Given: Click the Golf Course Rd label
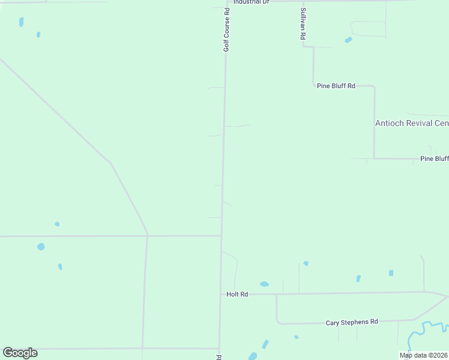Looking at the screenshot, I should (226, 29).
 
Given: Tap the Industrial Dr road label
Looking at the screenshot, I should (252, 2).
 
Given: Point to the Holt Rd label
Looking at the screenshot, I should (237, 295).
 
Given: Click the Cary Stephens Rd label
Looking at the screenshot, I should (352, 322).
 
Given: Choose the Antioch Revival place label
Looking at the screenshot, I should (411, 123).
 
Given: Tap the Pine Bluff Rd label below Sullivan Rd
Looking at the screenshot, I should (336, 86).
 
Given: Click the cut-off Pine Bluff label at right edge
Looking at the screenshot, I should (434, 158).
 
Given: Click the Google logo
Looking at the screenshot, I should (20, 353).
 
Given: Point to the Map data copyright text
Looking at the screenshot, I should (423, 355).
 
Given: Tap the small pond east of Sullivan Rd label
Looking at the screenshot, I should (348, 40).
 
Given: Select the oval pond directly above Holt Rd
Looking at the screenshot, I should (264, 284).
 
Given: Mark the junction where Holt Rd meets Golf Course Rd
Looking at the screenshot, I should (220, 295).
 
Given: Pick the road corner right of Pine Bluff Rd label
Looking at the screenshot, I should (374, 86).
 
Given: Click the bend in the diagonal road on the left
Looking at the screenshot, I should (109, 162).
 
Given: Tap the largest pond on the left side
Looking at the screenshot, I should (41, 247).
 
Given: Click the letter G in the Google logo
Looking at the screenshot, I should (7, 352).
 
